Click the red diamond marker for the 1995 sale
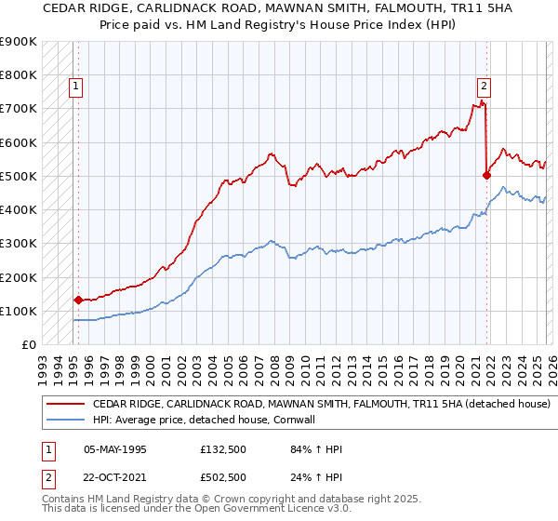[x=78, y=300]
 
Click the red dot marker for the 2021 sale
[x=486, y=174]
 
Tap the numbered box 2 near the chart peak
[x=484, y=87]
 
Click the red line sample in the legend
[x=64, y=405]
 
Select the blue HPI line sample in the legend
[x=64, y=421]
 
